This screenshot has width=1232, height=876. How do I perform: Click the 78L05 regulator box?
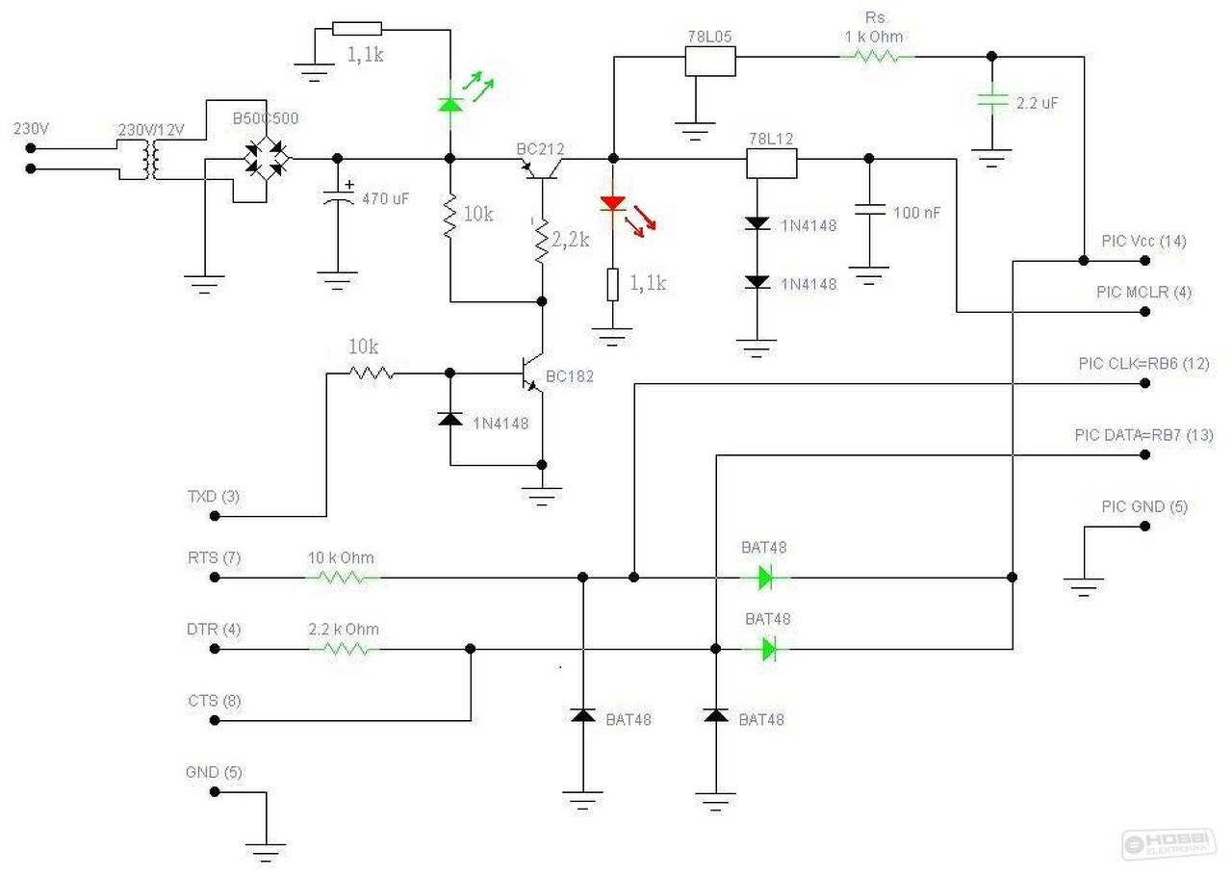(x=710, y=62)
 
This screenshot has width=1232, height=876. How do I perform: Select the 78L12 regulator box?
(x=772, y=164)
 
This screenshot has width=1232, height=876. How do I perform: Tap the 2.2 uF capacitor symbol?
(x=991, y=100)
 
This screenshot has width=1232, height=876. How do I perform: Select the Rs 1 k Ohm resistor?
(x=877, y=57)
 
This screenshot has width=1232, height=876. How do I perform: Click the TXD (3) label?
(x=214, y=498)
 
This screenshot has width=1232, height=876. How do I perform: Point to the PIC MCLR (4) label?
(x=1143, y=293)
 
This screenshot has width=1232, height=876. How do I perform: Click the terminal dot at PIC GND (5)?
(x=1144, y=527)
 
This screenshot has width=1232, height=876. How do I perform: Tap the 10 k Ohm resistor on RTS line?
(x=343, y=578)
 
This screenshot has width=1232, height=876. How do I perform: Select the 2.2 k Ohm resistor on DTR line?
(x=343, y=649)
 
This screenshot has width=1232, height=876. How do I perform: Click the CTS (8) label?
(x=214, y=701)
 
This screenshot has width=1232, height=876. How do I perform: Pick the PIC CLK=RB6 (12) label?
(x=1143, y=364)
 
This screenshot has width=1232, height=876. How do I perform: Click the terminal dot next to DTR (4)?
(x=214, y=649)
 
